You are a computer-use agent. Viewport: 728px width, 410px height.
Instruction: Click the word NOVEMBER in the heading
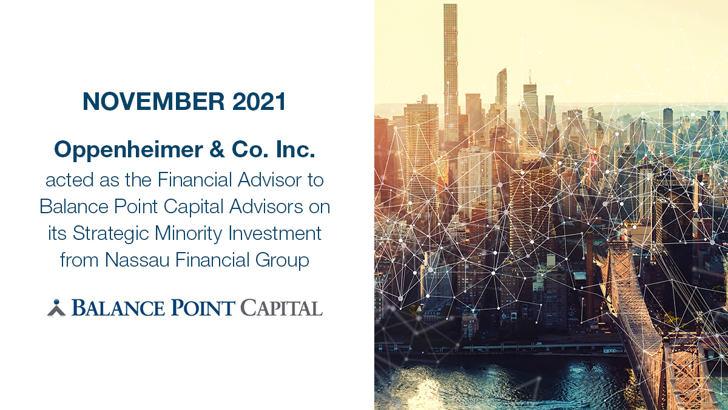(144, 101)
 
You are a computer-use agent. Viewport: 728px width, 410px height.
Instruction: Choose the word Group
(283, 260)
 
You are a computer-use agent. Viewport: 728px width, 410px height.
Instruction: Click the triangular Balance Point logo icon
(56, 308)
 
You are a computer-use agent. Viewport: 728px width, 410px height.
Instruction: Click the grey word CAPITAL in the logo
(281, 308)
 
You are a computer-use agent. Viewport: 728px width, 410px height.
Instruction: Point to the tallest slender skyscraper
(450, 67)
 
